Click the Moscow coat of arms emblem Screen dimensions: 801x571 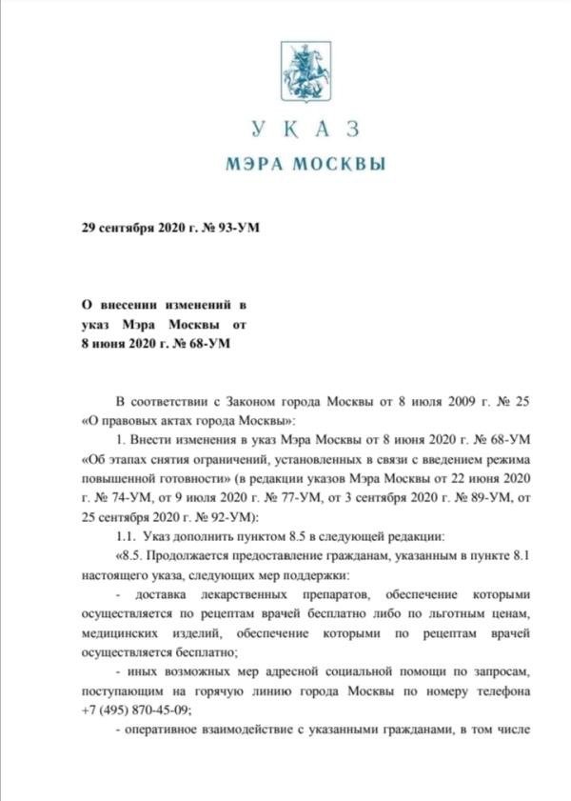click(x=304, y=73)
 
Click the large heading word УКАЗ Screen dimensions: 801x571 click(x=305, y=130)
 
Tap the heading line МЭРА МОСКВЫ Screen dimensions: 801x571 click(x=305, y=163)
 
